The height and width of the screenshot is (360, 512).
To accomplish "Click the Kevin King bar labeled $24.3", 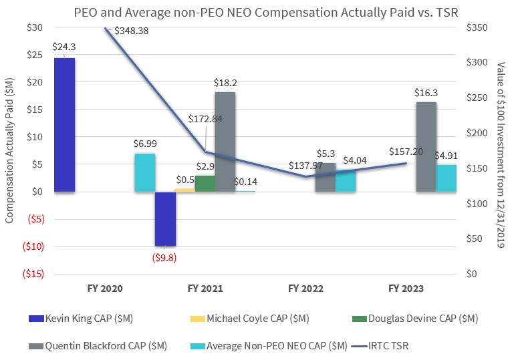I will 64,125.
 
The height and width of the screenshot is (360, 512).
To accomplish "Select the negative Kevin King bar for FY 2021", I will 165,219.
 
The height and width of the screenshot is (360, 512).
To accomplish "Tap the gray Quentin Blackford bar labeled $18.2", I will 225,142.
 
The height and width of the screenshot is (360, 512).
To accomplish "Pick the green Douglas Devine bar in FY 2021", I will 205,184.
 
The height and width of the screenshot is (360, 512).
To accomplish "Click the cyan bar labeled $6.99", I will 145,173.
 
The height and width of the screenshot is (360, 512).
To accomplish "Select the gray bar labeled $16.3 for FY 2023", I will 426,147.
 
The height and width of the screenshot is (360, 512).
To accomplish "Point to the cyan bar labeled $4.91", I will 446,178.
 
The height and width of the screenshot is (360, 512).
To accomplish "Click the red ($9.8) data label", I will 165,256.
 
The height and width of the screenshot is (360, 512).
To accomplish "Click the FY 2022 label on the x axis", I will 306,289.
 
